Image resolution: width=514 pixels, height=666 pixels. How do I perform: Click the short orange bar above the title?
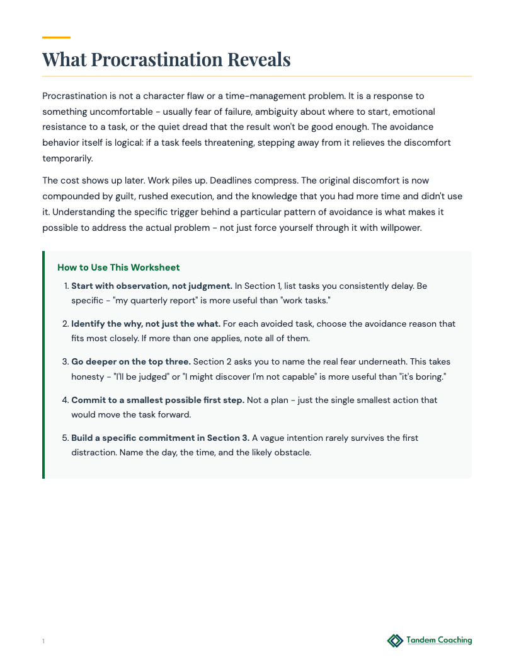(56, 37)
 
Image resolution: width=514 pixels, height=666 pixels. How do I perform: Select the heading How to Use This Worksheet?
(118, 267)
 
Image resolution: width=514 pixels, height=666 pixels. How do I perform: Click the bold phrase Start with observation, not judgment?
(152, 286)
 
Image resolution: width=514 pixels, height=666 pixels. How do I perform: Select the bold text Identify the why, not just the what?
(146, 324)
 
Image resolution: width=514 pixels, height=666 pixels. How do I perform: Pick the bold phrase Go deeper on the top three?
(130, 362)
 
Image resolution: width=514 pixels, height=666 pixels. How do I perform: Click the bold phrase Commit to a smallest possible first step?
(157, 400)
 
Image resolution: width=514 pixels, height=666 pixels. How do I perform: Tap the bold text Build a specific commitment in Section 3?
(160, 438)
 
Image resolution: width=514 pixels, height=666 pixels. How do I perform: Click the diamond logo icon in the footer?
(395, 641)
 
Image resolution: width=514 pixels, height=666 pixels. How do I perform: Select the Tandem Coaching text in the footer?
(439, 640)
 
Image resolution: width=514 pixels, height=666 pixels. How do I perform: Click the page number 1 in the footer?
(43, 641)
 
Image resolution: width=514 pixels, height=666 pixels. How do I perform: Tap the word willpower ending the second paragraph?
(397, 227)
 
